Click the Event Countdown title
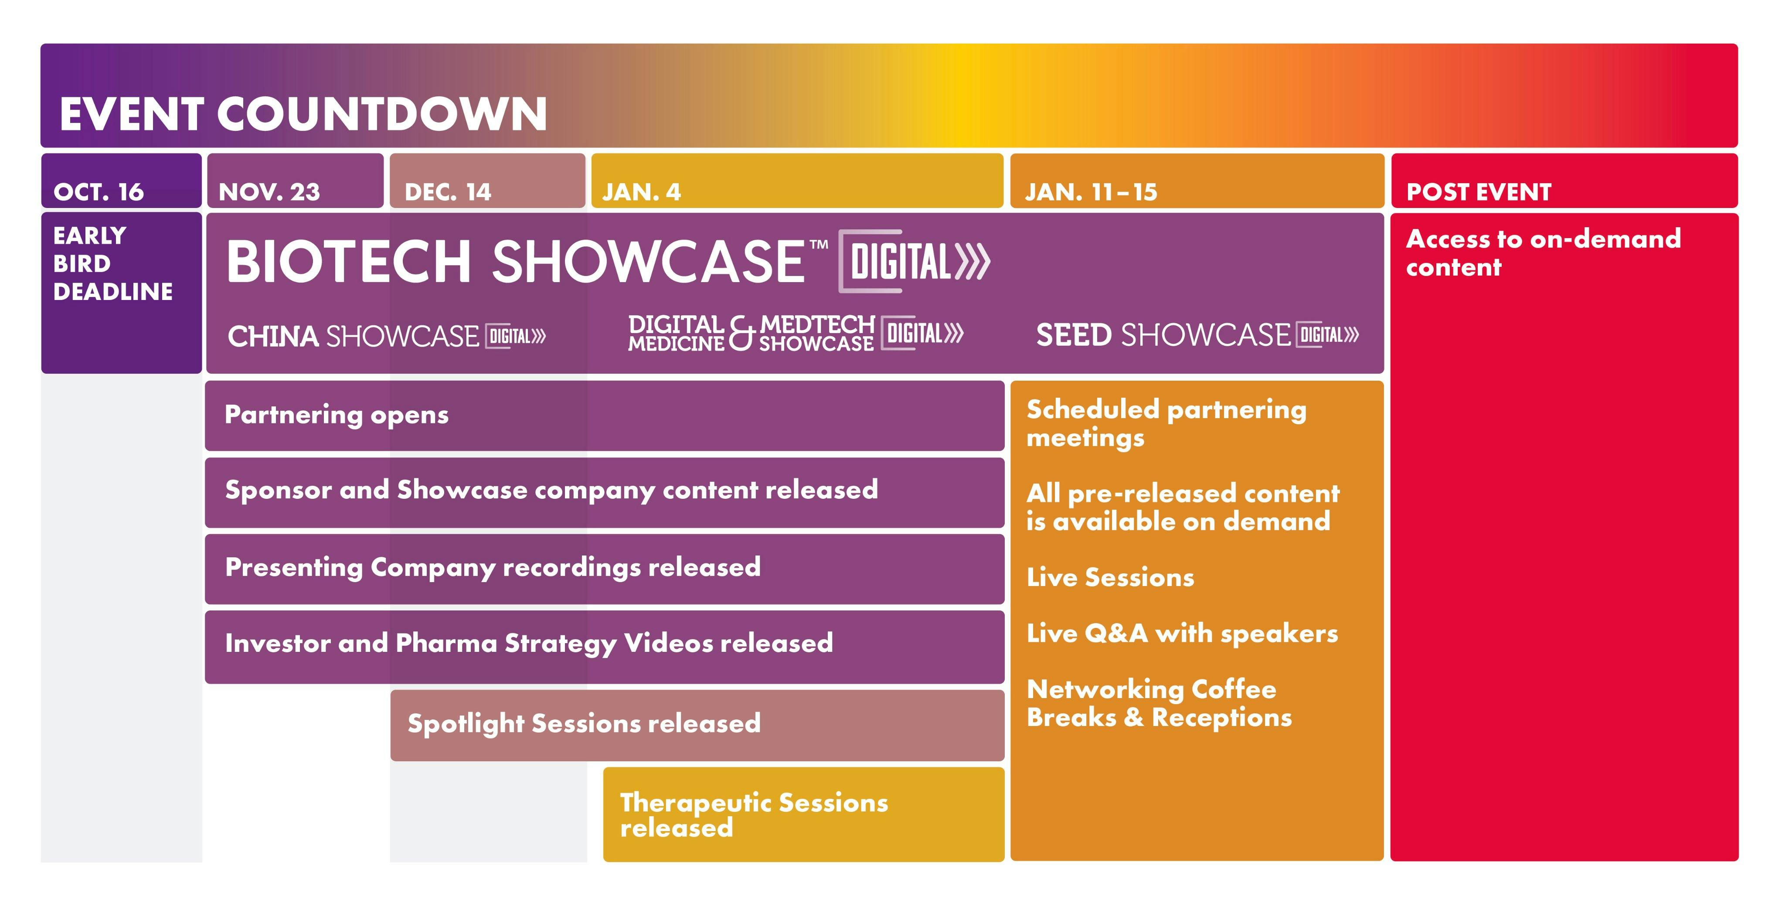(303, 114)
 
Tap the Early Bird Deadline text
(113, 264)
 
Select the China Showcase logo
(387, 336)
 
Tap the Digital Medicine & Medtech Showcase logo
(796, 334)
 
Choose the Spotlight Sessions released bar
(697, 725)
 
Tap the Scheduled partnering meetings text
(1166, 423)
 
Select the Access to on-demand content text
(1543, 252)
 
